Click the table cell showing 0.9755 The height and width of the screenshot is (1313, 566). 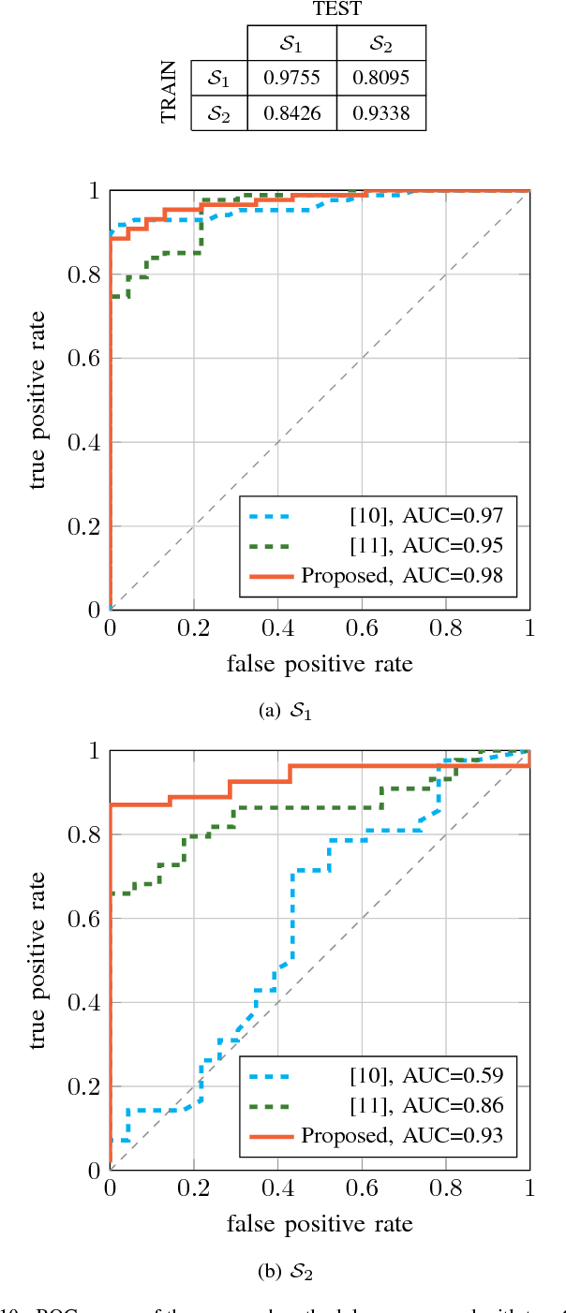tap(291, 77)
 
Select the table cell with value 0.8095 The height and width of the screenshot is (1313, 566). tap(380, 77)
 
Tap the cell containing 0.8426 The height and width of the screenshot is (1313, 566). tap(291, 115)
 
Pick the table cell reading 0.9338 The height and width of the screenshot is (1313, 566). tap(380, 115)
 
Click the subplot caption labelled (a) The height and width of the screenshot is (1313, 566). tap(284, 710)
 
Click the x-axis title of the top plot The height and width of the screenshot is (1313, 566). tap(320, 664)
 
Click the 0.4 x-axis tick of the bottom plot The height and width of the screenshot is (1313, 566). tap(277, 1191)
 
